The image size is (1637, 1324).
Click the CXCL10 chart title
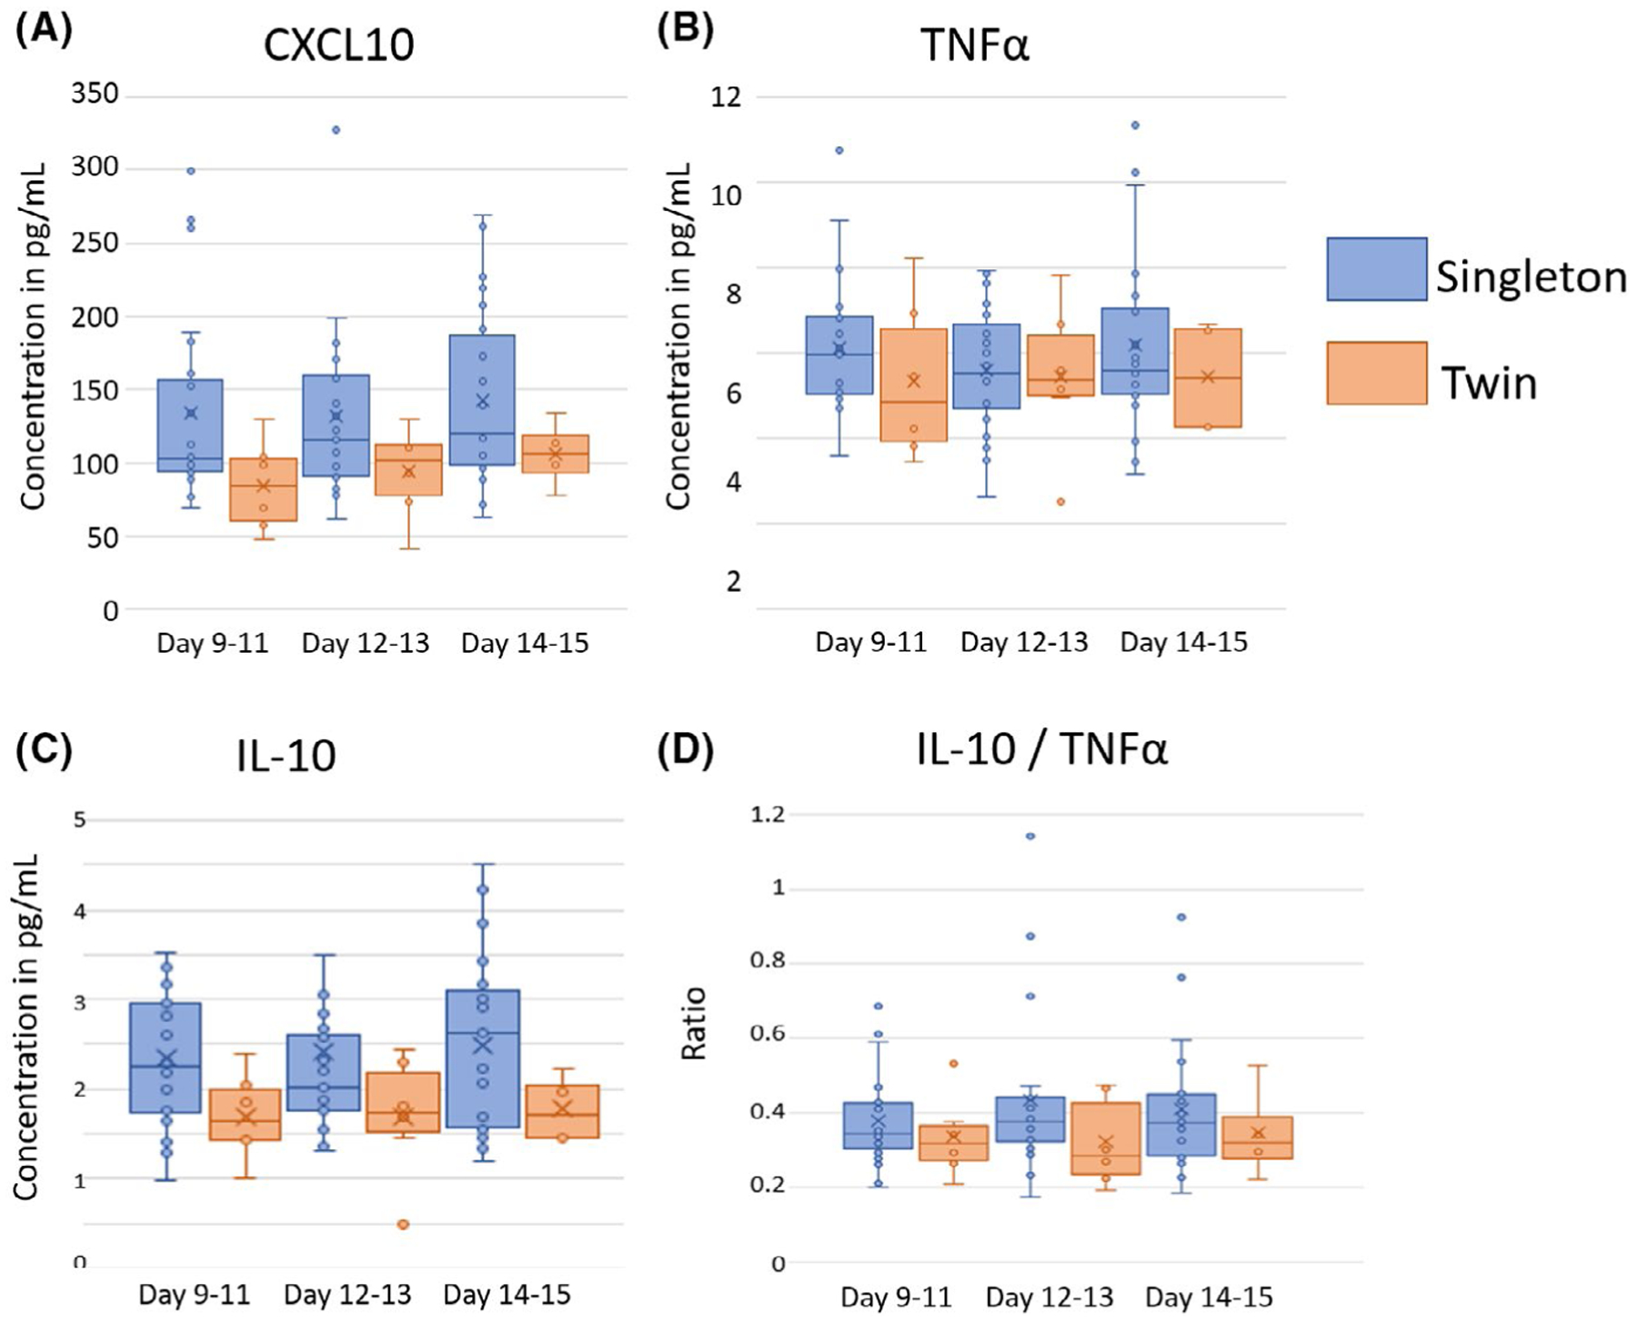click(x=339, y=45)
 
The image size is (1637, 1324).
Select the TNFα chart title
click(x=975, y=45)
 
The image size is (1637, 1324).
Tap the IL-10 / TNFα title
click(x=1041, y=750)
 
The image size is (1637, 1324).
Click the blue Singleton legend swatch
click(x=1377, y=269)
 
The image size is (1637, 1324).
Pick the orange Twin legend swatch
click(x=1377, y=373)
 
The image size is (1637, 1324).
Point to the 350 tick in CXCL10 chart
click(x=95, y=93)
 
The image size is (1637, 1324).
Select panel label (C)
click(x=44, y=750)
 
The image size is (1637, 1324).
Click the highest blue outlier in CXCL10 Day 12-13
click(x=336, y=130)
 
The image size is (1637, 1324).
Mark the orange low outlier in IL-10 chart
click(x=403, y=1224)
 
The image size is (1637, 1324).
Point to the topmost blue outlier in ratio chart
click(x=1030, y=836)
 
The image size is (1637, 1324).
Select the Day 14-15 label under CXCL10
click(x=525, y=644)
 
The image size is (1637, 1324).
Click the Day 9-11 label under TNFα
click(x=870, y=642)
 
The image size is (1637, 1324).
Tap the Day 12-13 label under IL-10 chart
click(x=347, y=1294)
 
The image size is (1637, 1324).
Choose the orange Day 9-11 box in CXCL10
click(x=264, y=489)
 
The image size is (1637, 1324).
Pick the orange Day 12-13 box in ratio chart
click(x=1106, y=1138)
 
